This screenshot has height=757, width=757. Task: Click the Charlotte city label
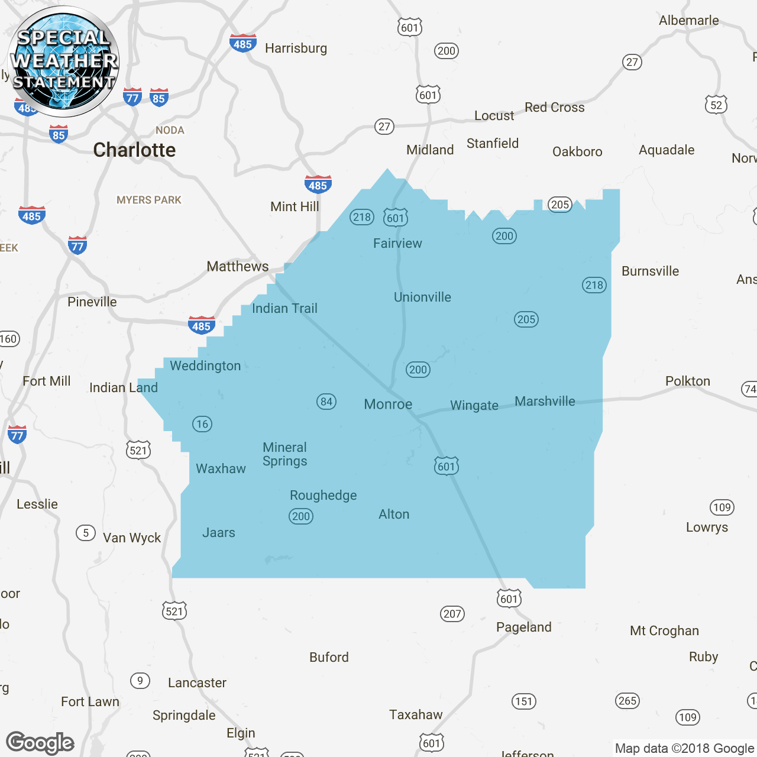[x=134, y=150]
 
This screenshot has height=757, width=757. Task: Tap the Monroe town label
[x=388, y=405]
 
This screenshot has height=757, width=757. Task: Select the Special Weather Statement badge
[x=63, y=61]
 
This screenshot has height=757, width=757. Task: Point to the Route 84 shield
[x=326, y=402]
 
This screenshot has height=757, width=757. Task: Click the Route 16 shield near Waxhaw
[x=202, y=424]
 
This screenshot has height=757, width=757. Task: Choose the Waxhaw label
[x=221, y=469]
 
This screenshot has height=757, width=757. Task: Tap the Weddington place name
[x=205, y=366]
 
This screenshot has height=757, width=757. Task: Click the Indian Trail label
[x=284, y=309]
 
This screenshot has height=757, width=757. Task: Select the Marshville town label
[x=545, y=402]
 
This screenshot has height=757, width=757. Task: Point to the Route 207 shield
[x=452, y=614]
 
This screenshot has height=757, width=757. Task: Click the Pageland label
[x=523, y=627]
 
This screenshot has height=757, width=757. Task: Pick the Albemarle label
[x=689, y=21]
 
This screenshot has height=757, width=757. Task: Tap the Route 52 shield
[x=716, y=105]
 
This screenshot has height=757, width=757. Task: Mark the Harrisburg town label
[x=296, y=48]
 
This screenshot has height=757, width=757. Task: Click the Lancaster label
[x=197, y=683]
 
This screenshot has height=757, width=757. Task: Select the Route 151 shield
[x=524, y=701]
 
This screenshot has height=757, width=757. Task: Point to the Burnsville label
[x=650, y=271]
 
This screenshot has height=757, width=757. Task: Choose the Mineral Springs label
[x=285, y=454]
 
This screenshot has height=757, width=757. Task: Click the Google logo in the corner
[x=40, y=743]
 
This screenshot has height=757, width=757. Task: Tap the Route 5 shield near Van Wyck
[x=86, y=533]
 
